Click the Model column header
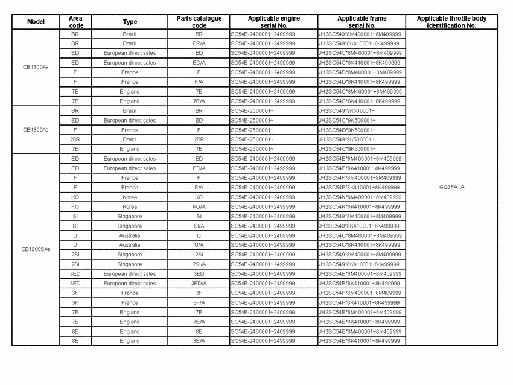coord(36,22)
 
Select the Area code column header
coord(75,22)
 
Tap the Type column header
coord(130,22)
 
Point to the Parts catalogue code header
coord(199,22)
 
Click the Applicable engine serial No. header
coord(273,22)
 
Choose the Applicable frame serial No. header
coord(362,22)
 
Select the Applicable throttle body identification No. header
coord(451,22)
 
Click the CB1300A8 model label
coord(36,67)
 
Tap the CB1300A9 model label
coord(36,130)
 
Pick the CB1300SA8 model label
coord(36,249)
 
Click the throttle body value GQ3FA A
coord(451,187)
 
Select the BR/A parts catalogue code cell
coord(199,43)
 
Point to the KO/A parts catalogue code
coord(199,206)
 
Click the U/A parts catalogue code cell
coord(199,245)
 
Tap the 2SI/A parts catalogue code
coord(199,264)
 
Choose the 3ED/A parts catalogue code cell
coord(199,284)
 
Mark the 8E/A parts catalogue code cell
coord(199,341)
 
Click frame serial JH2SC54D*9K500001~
coord(346,130)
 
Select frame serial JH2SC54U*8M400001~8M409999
coord(360,235)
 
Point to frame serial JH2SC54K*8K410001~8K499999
coord(359,206)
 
